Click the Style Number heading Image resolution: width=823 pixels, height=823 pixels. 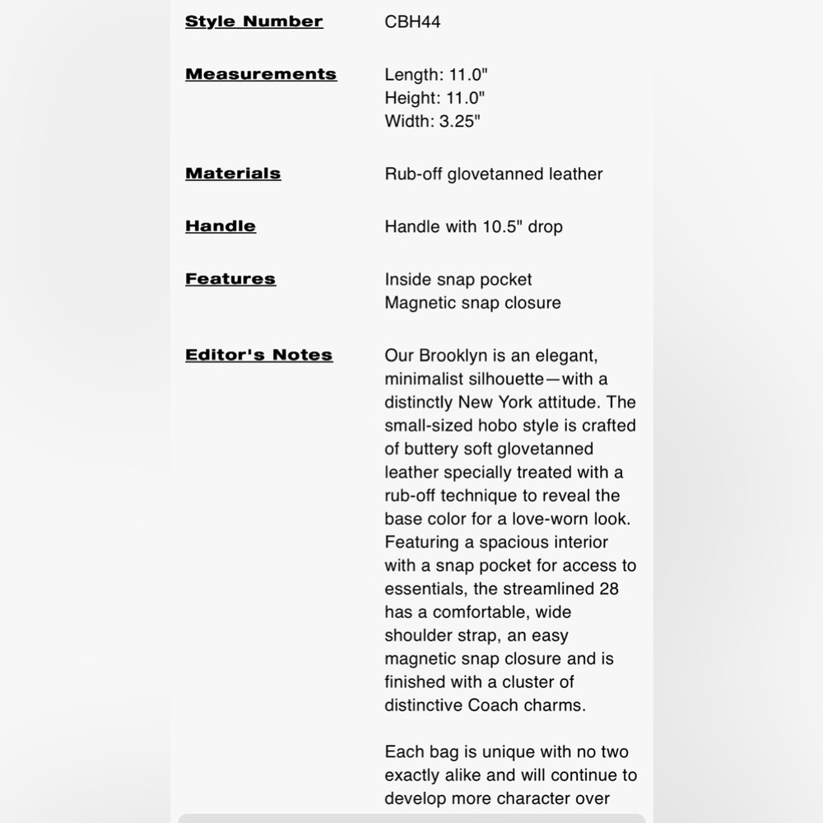pos(253,21)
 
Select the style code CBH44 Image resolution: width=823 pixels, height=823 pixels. pos(412,22)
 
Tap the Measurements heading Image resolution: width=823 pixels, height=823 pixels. pos(261,74)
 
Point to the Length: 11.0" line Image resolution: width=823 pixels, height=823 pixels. pos(435,75)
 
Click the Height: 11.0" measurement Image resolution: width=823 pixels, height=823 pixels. pos(435,98)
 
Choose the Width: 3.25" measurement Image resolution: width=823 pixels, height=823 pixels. pos(432,121)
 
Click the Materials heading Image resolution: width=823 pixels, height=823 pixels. pos(233,174)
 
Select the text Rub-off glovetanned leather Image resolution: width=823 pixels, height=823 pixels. pos(493,174)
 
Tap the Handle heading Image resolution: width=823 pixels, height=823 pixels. pos(221,226)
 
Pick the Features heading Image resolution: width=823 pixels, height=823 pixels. pos(230,279)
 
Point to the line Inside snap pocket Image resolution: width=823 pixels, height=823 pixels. pos(458,279)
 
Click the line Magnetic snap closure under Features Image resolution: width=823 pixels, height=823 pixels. pos(472,302)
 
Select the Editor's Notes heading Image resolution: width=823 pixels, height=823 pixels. pos(258,355)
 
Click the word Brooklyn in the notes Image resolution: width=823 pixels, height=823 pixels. pos(454,356)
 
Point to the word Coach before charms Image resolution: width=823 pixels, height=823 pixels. pos(493,704)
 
